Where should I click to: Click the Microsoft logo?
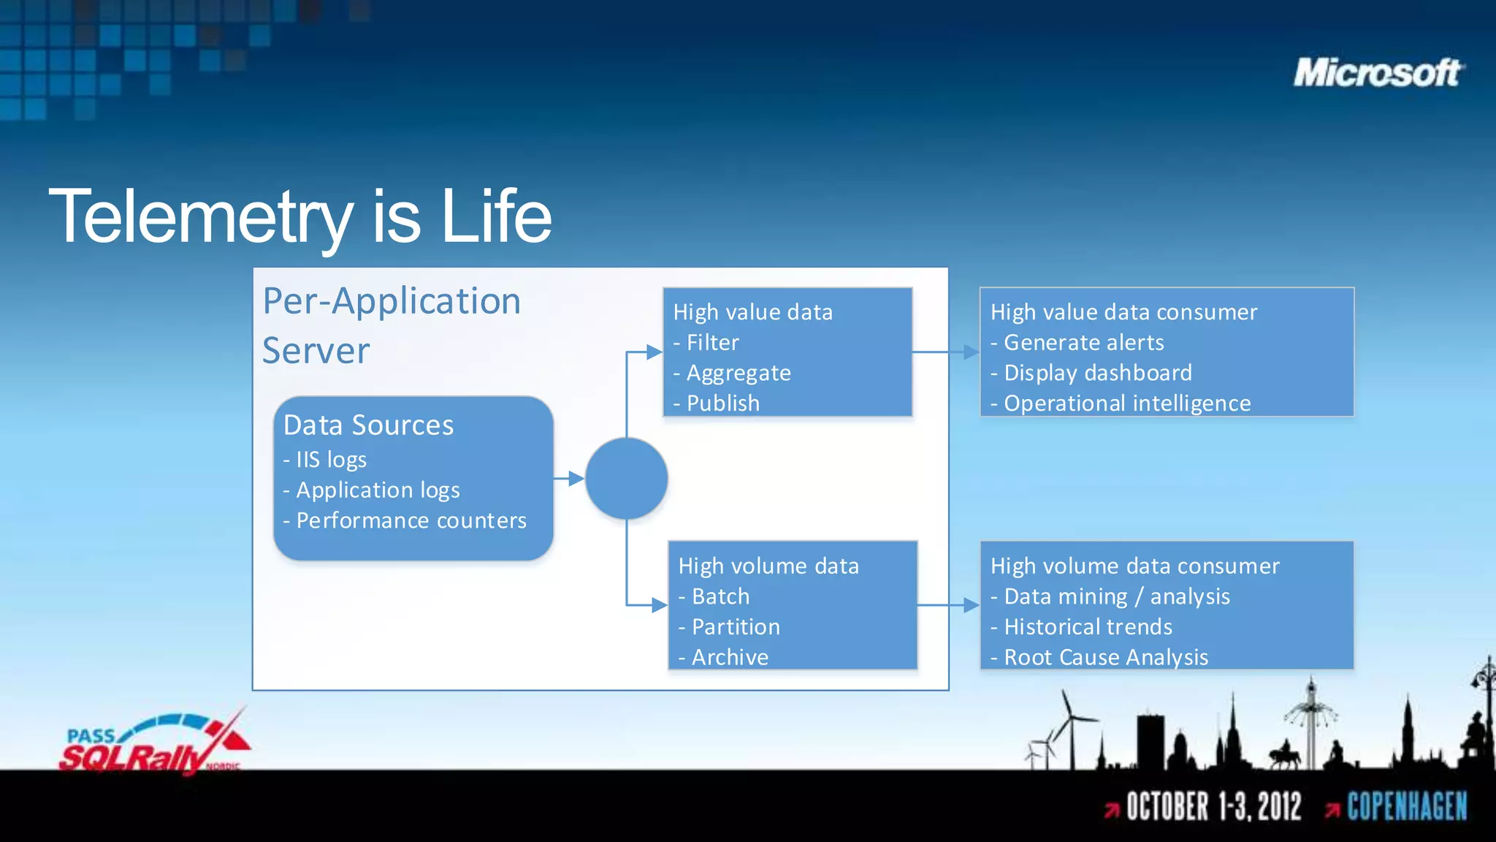(x=1378, y=73)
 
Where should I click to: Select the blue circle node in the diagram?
(x=626, y=479)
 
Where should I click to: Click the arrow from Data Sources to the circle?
(x=569, y=479)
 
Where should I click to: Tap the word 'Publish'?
(x=722, y=403)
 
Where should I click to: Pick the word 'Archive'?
(x=730, y=657)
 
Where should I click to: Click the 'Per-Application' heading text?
(x=392, y=301)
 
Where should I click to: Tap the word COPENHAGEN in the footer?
(x=1406, y=807)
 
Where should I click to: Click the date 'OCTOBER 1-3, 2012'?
(x=1213, y=807)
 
